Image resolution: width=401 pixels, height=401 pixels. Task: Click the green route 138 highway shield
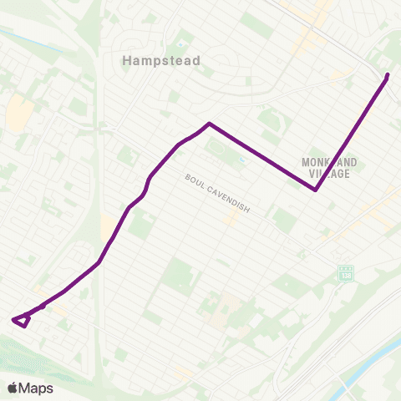coord(345,273)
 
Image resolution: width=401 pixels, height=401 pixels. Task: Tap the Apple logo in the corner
coord(13,388)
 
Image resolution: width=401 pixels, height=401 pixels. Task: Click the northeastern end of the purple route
coord(388,76)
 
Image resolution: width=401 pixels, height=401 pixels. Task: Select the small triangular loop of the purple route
coord(22,320)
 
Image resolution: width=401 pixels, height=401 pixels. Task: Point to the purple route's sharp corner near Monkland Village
coord(315,190)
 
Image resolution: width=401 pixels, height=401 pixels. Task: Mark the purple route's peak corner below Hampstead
coord(209,124)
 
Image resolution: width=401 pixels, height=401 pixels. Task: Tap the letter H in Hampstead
coord(127,60)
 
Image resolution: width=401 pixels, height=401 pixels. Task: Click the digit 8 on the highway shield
coord(349,273)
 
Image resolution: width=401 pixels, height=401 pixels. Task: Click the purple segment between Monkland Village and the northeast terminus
coord(351,134)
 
